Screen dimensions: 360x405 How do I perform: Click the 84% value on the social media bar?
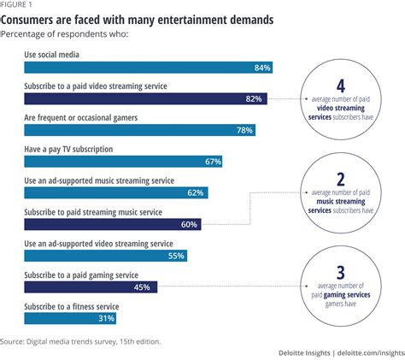tap(262, 68)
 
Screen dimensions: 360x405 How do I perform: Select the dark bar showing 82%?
tap(145, 99)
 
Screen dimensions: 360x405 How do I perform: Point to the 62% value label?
tap(195, 192)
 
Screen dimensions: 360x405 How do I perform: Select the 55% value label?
tap(176, 255)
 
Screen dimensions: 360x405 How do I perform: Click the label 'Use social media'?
tap(58, 53)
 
